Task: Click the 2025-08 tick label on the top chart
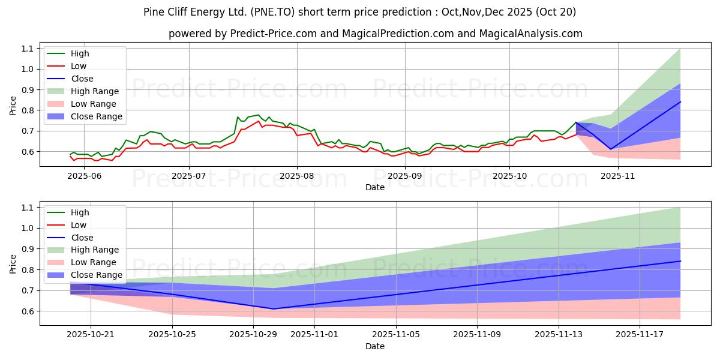coord(296,175)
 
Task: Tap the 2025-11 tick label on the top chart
coord(617,175)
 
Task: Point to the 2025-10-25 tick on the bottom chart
coord(172,335)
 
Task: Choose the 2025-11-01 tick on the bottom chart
coord(314,335)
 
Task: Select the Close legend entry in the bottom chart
coord(82,238)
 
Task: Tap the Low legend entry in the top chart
coord(79,66)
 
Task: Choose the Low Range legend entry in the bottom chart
coord(94,263)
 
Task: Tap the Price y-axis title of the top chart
coord(13,105)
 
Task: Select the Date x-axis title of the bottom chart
coord(375,346)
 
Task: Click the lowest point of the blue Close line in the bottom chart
coord(274,309)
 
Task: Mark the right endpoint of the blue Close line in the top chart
coord(680,101)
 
